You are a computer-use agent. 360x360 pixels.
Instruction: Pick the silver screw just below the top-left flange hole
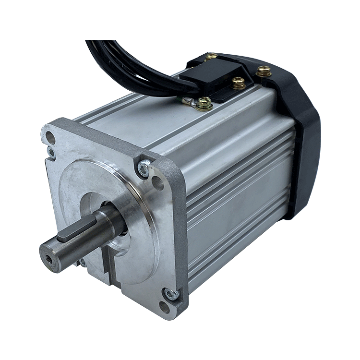[51, 153]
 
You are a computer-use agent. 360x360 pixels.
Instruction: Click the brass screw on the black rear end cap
[264, 72]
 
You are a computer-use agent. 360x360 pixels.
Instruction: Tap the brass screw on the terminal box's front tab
[239, 84]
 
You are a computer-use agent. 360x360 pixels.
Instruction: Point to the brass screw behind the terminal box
[211, 58]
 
